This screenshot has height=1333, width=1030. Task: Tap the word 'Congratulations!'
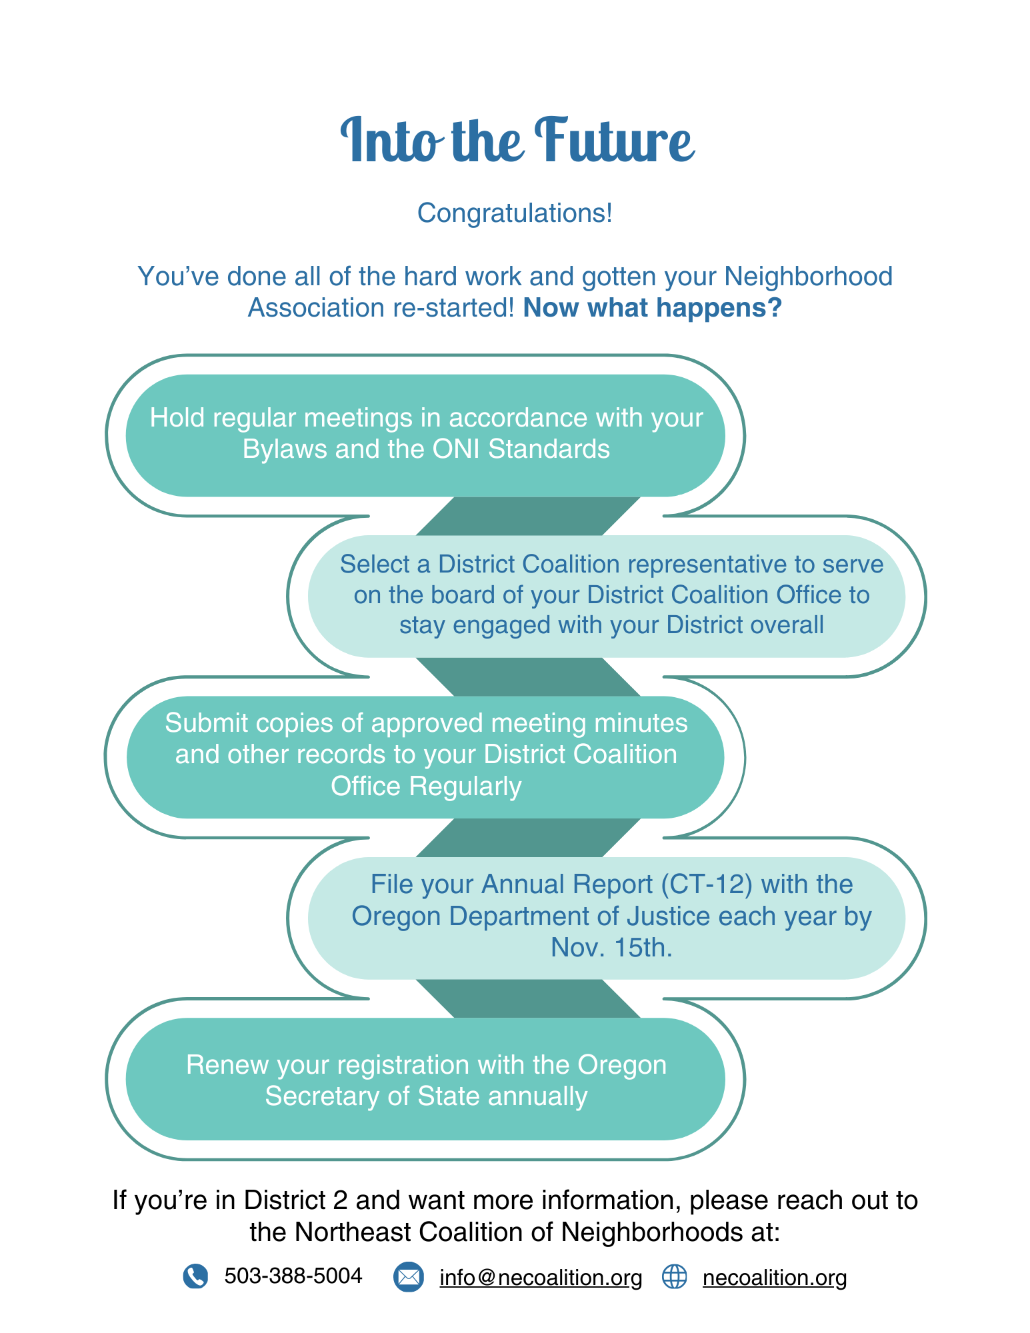coord(515,213)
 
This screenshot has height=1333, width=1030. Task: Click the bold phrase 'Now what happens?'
coord(651,308)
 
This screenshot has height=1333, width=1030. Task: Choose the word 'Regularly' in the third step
coord(465,786)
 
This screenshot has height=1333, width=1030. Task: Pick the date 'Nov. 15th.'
coord(611,948)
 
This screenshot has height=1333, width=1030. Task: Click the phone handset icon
coord(195,1276)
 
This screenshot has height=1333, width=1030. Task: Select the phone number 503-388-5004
coord(293,1276)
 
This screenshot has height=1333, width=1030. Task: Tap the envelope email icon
coord(408,1277)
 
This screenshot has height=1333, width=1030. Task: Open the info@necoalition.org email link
coord(541,1278)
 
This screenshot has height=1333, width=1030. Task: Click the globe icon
coord(674,1277)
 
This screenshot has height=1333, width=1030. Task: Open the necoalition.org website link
coord(775,1278)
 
